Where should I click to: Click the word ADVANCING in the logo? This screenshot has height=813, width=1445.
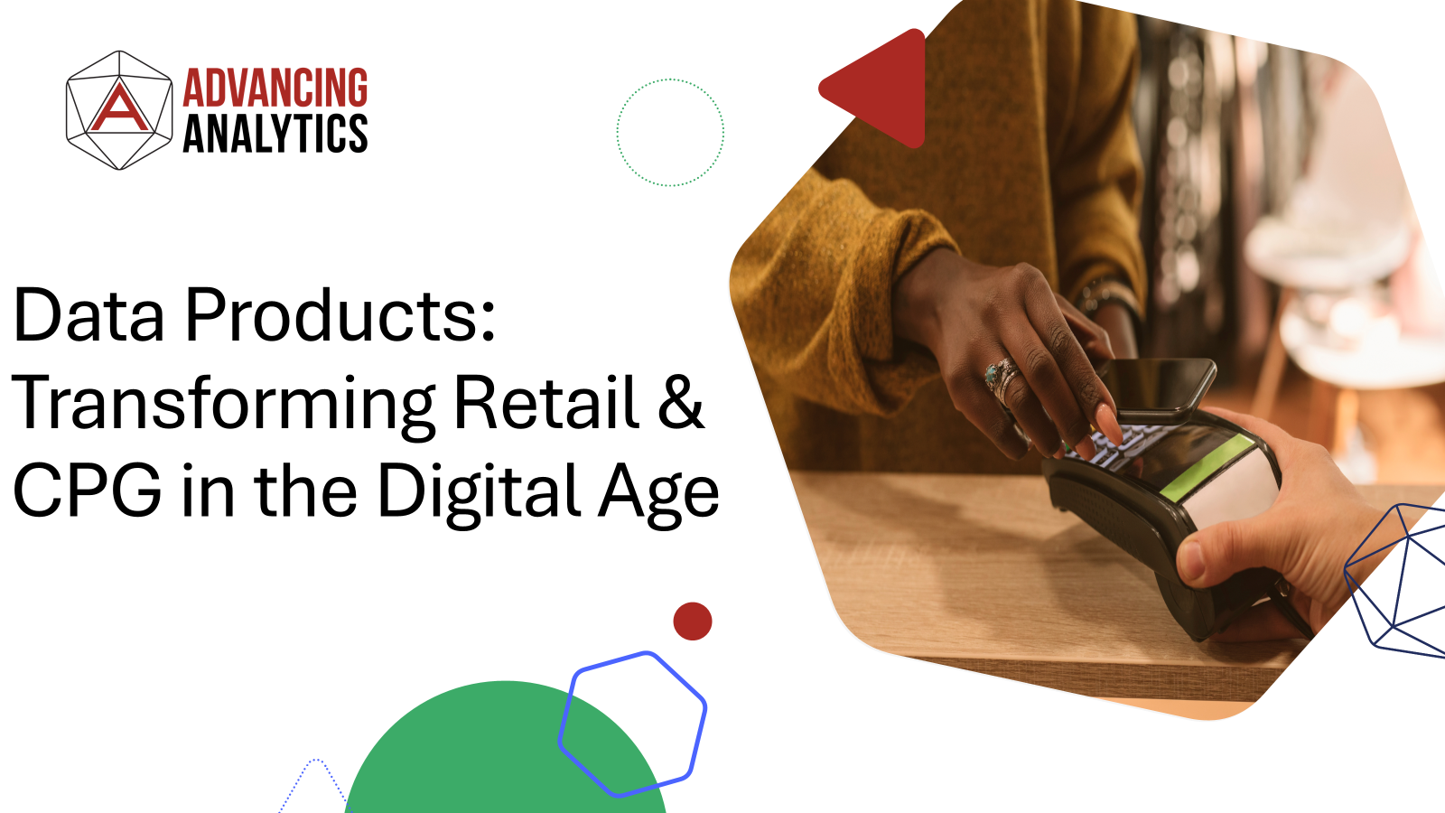click(x=275, y=89)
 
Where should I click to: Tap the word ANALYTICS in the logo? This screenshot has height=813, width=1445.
click(x=275, y=134)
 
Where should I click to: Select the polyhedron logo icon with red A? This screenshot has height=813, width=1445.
click(x=119, y=109)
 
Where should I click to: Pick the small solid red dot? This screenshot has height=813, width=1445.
click(x=693, y=621)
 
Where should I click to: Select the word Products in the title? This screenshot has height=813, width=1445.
click(x=340, y=316)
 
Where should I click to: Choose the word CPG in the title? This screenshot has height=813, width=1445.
click(x=88, y=491)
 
